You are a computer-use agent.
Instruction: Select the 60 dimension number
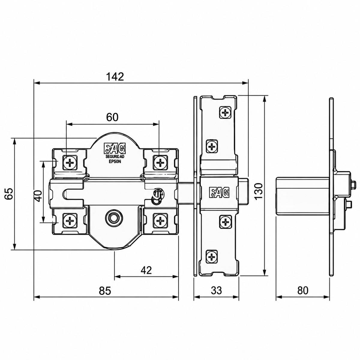click(112, 117)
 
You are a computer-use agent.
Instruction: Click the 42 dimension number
click(146, 270)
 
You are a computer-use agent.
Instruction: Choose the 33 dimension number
click(216, 290)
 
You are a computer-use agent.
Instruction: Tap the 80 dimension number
click(302, 290)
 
